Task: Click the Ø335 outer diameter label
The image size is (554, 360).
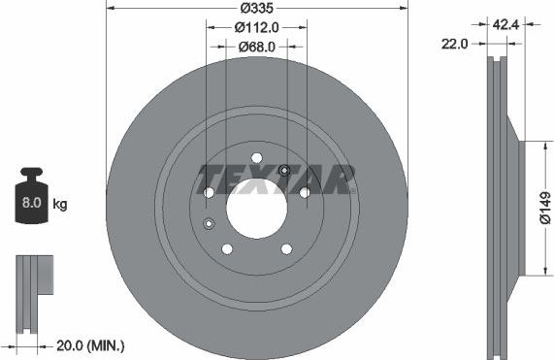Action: click(257, 9)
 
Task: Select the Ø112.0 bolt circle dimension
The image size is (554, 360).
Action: click(257, 27)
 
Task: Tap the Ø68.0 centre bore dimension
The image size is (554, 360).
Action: click(257, 46)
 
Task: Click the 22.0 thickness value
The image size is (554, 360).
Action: click(455, 44)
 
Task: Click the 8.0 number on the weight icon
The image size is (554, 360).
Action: click(30, 204)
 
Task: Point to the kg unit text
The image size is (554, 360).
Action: click(59, 205)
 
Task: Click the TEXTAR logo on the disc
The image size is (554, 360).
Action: click(276, 179)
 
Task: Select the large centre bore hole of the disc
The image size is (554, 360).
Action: click(256, 207)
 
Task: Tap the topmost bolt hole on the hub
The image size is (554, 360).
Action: click(256, 158)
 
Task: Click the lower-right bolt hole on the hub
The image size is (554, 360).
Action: click(286, 249)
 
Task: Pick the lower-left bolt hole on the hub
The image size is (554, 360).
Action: click(227, 249)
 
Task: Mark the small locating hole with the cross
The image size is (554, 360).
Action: click(284, 172)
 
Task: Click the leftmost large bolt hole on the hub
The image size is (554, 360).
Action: click(209, 193)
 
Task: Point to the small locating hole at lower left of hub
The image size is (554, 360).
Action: click(209, 225)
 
